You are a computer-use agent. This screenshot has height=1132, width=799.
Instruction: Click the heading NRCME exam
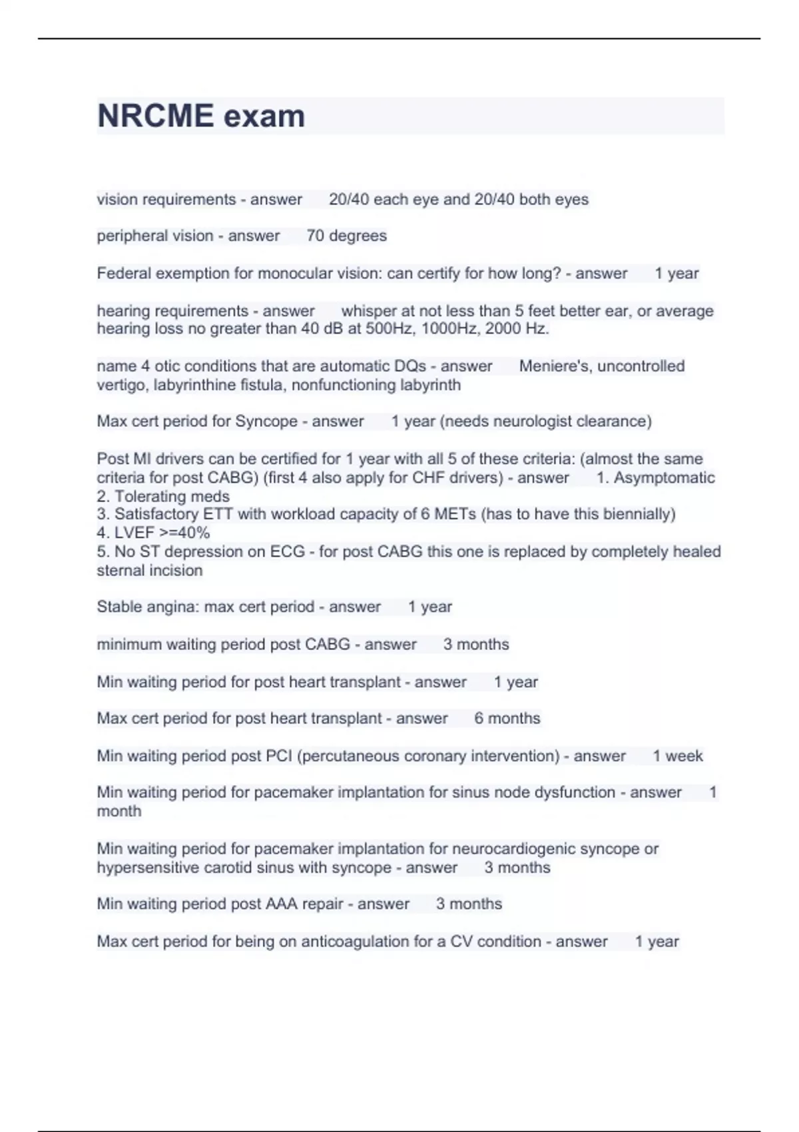click(x=201, y=116)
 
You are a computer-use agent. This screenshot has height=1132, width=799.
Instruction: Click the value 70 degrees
click(x=346, y=236)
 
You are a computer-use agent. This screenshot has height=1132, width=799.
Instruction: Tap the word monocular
click(x=320, y=274)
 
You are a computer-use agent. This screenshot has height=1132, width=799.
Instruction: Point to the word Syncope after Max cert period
click(x=266, y=422)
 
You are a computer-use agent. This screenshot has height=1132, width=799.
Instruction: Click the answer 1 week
click(x=677, y=756)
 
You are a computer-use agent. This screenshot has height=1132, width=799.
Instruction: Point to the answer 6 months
click(x=507, y=718)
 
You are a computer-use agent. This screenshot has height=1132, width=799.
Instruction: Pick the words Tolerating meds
click(x=172, y=496)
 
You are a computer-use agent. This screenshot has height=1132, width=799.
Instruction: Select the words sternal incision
click(x=150, y=571)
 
